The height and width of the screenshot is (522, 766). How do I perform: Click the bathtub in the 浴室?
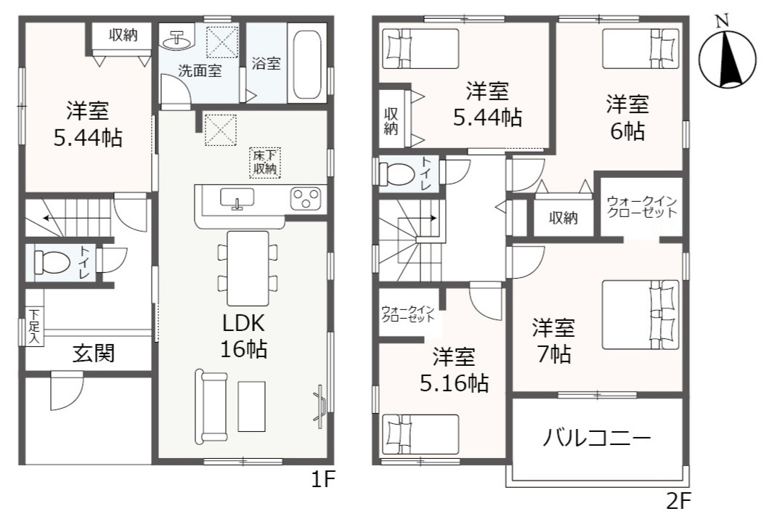click(307, 65)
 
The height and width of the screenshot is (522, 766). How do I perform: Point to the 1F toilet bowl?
click(53, 262)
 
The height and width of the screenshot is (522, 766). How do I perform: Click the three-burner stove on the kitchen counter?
click(306, 198)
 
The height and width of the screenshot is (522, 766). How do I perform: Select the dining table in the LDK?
click(248, 268)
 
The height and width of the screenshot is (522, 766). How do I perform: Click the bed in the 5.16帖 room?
click(421, 434)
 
